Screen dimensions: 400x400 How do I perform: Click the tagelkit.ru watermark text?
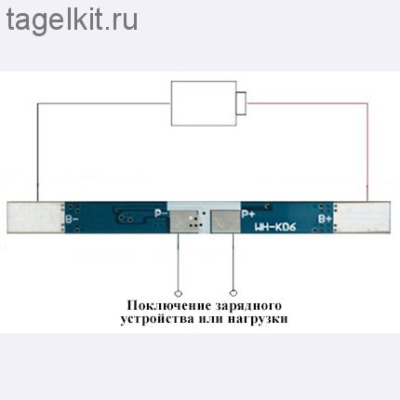tap(72, 20)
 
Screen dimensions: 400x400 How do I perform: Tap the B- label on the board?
tap(72, 219)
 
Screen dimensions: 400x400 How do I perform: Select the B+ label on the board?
tap(325, 219)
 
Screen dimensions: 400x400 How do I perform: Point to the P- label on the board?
tap(161, 213)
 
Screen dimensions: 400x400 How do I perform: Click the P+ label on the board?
tap(248, 214)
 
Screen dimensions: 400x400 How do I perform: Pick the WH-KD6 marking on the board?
tap(275, 227)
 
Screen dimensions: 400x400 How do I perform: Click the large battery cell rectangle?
tap(204, 103)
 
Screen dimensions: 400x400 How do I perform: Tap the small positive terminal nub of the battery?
tap(241, 103)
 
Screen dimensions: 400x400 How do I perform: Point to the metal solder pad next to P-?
tap(184, 220)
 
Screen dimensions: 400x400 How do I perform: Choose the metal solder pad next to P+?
tap(225, 221)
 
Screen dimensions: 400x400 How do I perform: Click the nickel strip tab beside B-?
tap(34, 217)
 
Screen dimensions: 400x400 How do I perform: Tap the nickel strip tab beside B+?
tap(364, 217)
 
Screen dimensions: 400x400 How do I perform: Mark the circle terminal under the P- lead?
tap(178, 293)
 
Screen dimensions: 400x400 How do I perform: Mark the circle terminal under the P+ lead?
tap(233, 293)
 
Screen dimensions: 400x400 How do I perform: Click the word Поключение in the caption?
tap(168, 305)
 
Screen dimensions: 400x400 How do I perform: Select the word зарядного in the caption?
tap(248, 306)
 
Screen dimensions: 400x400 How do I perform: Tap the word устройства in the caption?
tap(157, 319)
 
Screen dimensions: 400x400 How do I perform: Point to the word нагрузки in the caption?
tap(258, 319)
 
